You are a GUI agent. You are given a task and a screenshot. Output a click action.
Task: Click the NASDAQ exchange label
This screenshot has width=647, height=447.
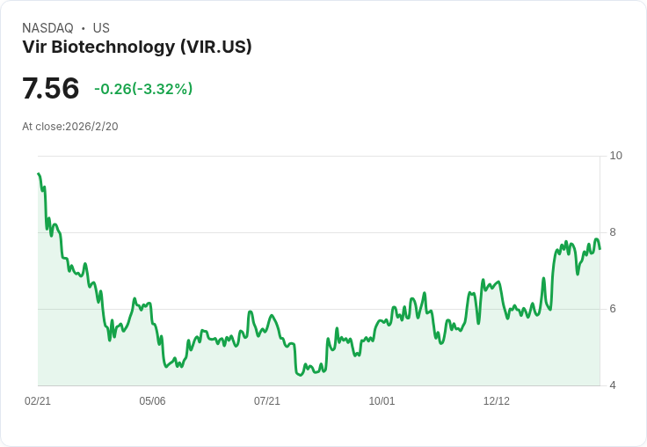pos(47,28)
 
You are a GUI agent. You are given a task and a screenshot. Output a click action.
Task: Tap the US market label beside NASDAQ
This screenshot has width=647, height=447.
pos(101,28)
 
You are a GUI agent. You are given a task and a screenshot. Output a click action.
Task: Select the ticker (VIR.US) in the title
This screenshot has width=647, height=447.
pos(215,48)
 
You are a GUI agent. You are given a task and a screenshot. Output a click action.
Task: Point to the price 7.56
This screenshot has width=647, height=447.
pos(50,89)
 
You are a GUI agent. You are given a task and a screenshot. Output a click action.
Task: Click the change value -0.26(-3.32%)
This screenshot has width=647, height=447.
pos(143,89)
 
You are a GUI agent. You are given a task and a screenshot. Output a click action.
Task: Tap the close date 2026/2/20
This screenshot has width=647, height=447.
pos(91,127)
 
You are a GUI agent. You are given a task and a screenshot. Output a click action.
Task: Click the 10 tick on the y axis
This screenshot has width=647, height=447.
pos(615,156)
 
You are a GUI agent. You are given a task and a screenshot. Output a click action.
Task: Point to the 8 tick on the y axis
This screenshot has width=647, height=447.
pos(613,232)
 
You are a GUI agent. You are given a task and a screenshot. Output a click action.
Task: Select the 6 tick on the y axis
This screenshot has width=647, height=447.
pos(613,309)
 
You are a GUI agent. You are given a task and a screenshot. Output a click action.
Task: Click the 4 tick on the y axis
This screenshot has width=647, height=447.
pos(613,385)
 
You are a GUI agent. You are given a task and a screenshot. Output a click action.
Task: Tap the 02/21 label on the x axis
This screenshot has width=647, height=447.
pos(38,401)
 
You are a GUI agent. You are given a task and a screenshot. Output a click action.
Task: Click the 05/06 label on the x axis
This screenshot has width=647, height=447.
pos(152,401)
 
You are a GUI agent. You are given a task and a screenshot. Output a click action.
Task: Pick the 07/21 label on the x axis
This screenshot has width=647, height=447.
pos(267,401)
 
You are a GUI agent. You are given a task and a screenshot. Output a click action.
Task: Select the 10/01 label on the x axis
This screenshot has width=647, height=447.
pos(382,401)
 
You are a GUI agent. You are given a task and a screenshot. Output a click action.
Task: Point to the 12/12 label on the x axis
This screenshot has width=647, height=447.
pos(497,401)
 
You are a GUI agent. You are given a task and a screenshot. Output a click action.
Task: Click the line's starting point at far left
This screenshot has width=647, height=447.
pos(39,174)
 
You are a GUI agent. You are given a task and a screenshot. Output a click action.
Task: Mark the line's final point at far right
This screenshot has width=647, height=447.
pos(600,247)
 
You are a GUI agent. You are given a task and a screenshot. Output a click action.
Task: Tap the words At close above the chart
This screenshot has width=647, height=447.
pos(42,127)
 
